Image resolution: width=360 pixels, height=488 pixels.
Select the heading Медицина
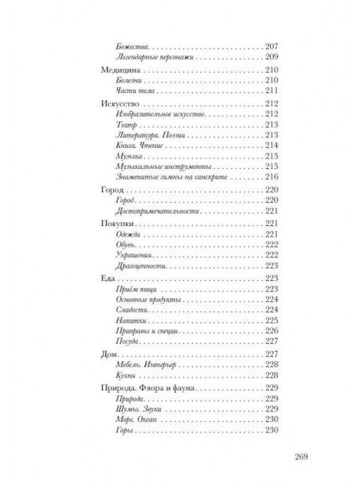pos(121,69)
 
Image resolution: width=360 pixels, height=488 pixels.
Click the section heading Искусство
pos(122,102)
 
